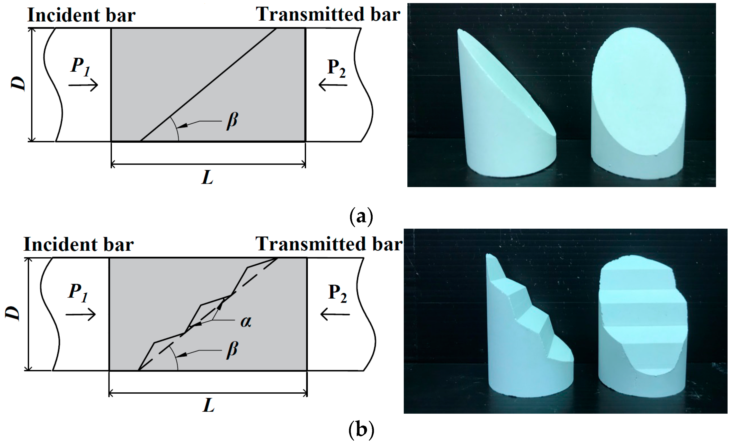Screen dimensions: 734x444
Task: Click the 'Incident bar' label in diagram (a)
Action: click(x=81, y=15)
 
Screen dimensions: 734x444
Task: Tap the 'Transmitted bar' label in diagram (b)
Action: click(x=329, y=244)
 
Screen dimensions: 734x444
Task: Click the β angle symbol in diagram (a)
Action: click(x=232, y=121)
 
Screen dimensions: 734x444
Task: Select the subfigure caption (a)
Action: click(x=361, y=217)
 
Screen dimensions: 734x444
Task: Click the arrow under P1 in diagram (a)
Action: click(x=83, y=85)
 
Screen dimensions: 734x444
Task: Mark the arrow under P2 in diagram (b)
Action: click(x=335, y=314)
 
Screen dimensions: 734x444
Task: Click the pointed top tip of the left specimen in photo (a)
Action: click(x=460, y=31)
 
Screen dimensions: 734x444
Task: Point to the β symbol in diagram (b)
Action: click(x=232, y=350)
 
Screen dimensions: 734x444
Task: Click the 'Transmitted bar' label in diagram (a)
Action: click(x=328, y=15)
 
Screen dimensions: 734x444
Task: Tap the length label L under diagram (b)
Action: click(x=209, y=405)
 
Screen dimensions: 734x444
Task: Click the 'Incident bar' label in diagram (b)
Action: click(x=79, y=245)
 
